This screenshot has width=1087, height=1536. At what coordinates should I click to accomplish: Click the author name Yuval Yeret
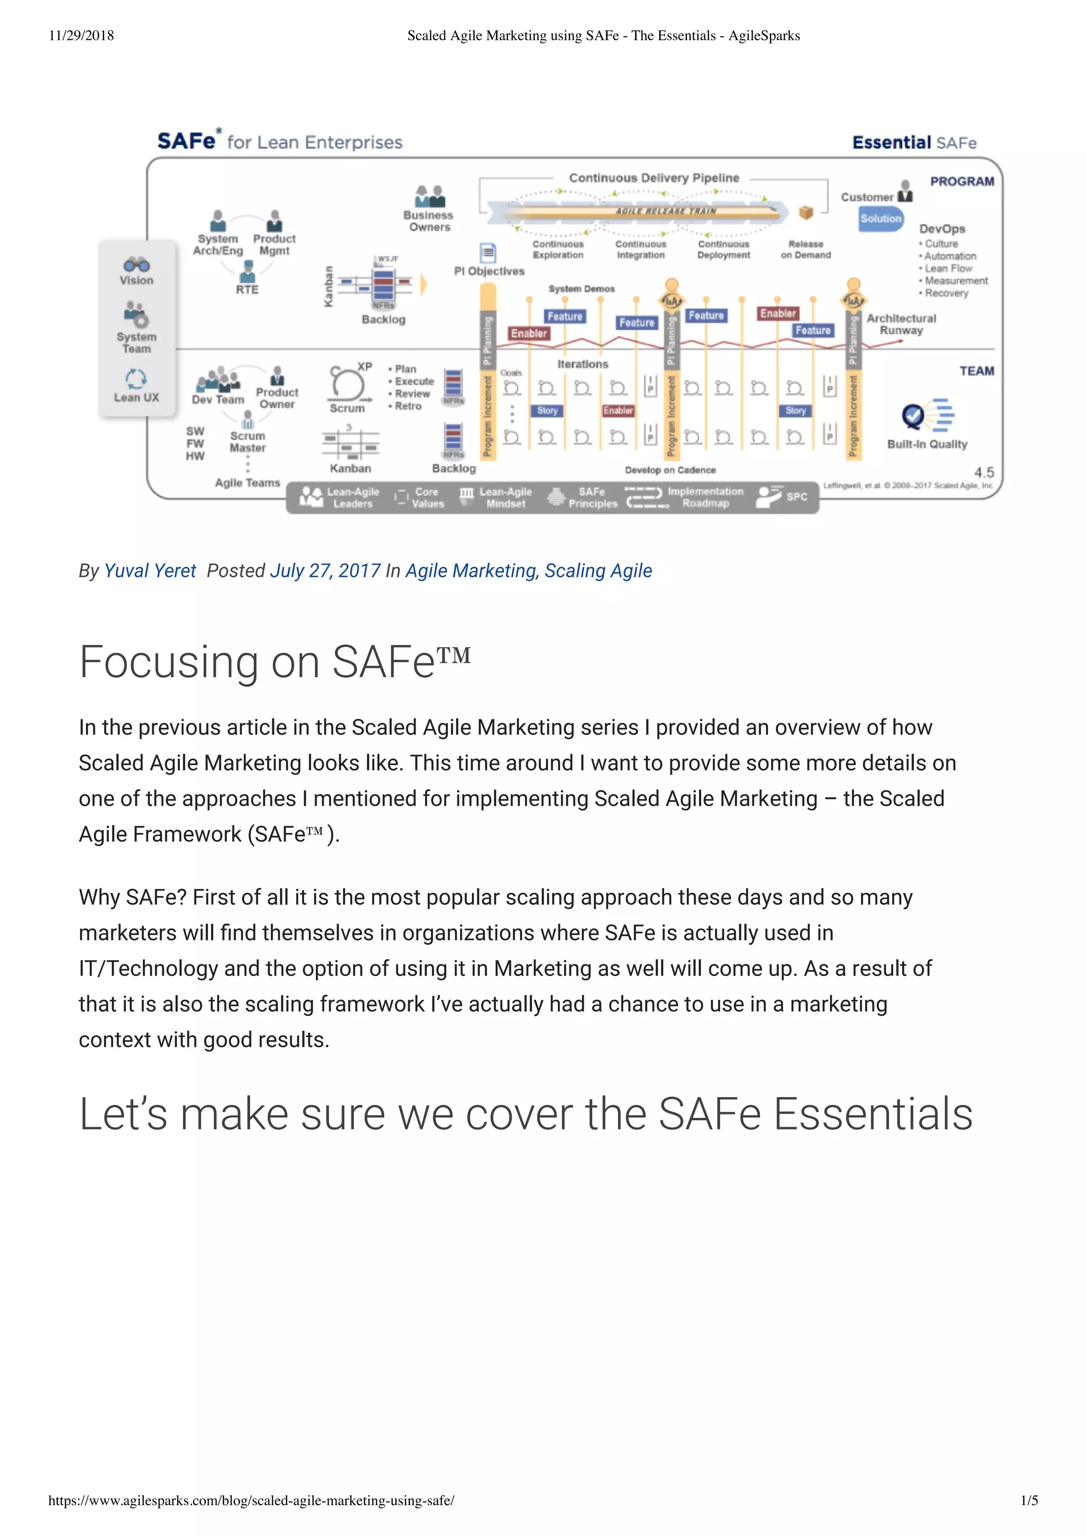150,571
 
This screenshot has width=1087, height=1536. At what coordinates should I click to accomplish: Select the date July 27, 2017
325,571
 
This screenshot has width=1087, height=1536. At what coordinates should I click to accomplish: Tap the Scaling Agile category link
598,571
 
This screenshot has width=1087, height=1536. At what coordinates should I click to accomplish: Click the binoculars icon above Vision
136,264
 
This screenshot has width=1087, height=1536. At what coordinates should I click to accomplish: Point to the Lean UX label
136,398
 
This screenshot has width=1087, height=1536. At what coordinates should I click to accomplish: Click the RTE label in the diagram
247,290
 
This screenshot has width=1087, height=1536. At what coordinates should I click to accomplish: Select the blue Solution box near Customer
881,219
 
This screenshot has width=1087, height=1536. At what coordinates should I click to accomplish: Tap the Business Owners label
429,221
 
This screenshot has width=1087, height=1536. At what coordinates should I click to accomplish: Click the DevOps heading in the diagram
942,229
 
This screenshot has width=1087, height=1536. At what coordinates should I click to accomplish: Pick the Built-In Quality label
927,444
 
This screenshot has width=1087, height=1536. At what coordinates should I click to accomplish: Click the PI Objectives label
489,271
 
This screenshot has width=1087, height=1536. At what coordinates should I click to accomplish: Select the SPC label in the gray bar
797,497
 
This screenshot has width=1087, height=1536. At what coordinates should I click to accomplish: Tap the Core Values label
427,497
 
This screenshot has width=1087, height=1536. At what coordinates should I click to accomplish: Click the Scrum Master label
248,442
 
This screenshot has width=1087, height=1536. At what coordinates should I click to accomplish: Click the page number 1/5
1029,1500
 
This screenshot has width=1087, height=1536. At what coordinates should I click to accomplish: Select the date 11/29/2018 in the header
81,36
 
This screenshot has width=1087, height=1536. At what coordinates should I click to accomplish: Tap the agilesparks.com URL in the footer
251,1500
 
